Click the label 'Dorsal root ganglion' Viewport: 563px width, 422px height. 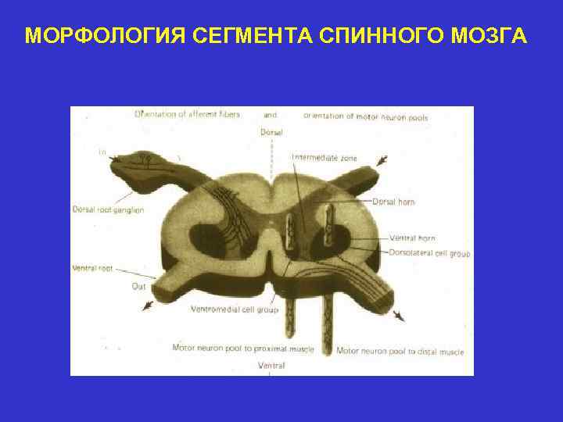coord(108,209)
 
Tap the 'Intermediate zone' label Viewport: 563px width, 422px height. coord(325,158)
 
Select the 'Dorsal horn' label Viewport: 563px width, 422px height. coord(393,202)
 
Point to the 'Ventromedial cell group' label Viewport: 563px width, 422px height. coord(235,309)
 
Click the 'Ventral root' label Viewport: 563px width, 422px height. coord(92,268)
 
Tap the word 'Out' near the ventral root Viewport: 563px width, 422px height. coord(138,286)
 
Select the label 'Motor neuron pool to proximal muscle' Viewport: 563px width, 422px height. coord(242,348)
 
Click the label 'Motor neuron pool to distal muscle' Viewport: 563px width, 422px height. coord(400,352)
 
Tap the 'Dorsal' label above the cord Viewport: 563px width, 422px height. coord(271,132)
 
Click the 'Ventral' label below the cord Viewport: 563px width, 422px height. coord(271,365)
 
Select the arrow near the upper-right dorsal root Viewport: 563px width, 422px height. coord(382,160)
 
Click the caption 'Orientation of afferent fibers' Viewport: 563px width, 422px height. coord(187,114)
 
